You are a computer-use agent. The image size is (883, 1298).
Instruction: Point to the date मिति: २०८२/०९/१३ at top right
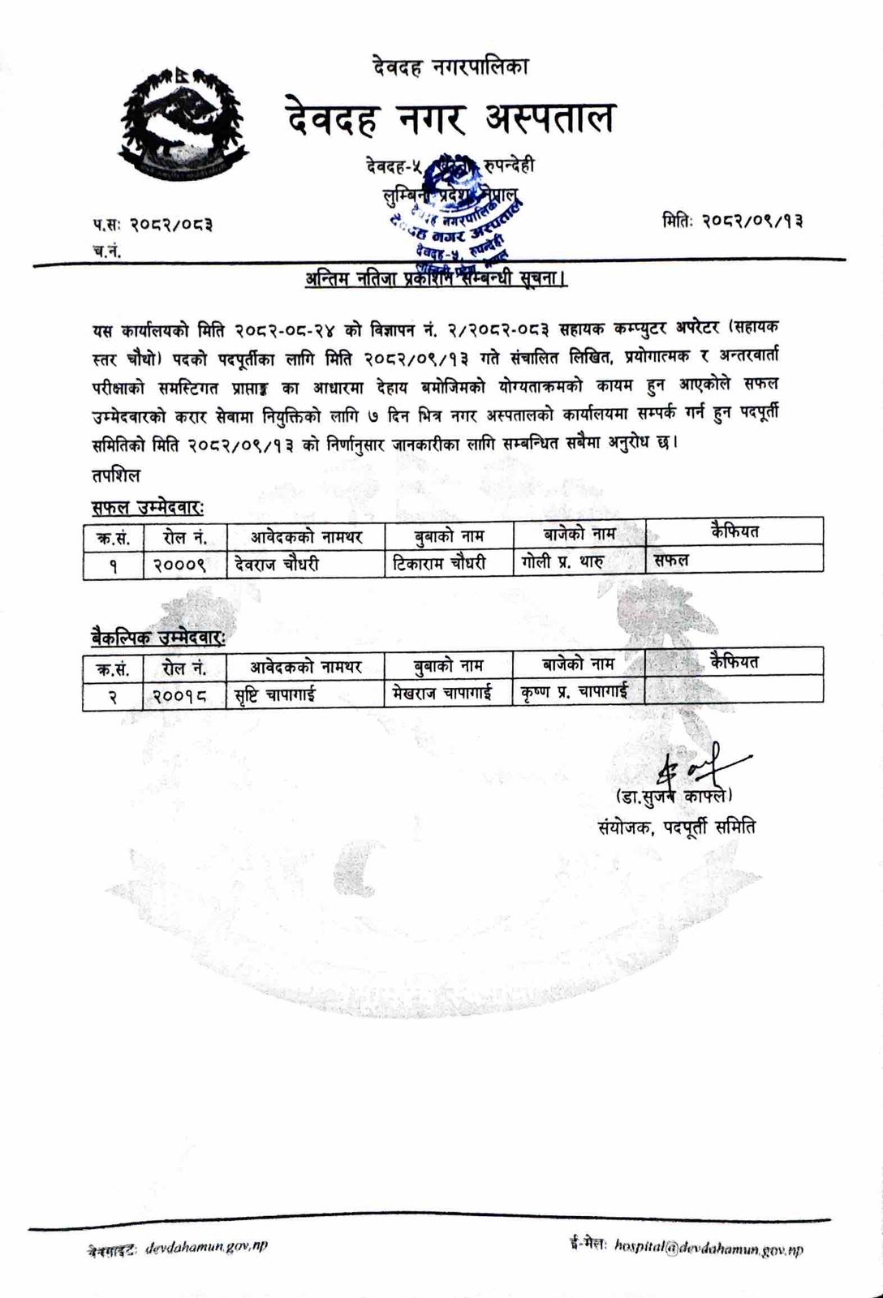tap(732, 220)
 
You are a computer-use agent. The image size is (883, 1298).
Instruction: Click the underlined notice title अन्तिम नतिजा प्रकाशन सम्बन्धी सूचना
tap(437, 279)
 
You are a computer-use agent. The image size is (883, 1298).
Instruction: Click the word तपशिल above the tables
tap(116, 475)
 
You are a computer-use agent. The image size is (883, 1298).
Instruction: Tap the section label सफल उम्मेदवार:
tap(147, 507)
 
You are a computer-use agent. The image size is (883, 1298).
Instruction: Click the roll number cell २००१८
tap(183, 695)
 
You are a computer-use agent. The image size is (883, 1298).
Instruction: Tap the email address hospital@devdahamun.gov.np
tap(709, 1249)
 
